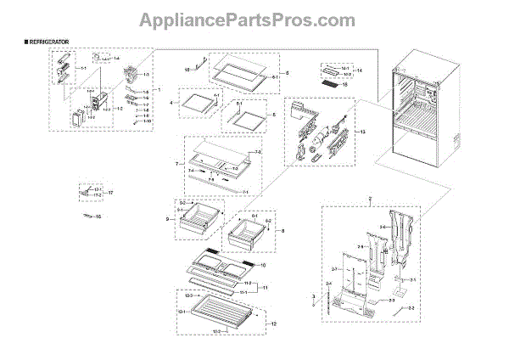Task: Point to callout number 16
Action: coord(98,218)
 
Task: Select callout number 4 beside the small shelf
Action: coord(171,103)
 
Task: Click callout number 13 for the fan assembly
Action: coord(363,133)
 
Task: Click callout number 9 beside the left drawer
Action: coord(171,220)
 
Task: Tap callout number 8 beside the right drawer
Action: coord(282,230)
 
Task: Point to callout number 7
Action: coord(176,162)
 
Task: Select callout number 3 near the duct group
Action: coord(313,297)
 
